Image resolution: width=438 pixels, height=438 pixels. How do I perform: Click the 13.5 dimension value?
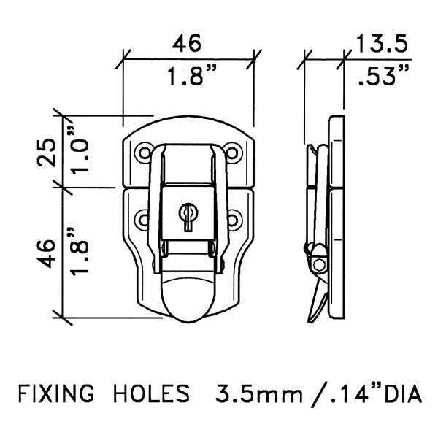(382, 44)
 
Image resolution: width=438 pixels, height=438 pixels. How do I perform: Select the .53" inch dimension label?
(383, 75)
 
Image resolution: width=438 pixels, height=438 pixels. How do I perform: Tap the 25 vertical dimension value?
(47, 153)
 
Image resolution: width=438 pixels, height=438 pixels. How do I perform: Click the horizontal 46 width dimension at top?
(187, 43)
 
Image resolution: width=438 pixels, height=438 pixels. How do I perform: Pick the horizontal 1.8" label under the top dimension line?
(192, 75)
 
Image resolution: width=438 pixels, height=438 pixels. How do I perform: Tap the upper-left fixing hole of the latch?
(145, 153)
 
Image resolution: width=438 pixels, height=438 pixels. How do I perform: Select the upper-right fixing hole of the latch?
(232, 153)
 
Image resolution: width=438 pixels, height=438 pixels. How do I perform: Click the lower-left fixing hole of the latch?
(143, 219)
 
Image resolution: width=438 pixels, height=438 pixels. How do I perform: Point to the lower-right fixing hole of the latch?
(234, 219)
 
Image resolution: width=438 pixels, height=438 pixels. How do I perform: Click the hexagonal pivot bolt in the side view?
(319, 264)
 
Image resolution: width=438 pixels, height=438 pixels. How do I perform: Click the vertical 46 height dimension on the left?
(47, 253)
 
